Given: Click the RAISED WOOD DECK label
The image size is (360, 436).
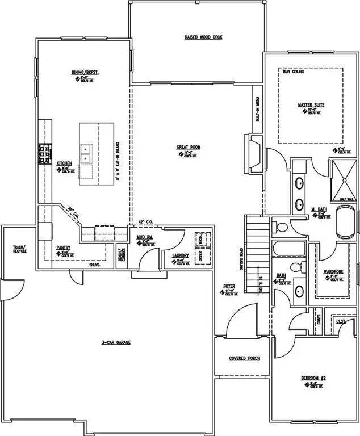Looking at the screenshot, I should click(x=203, y=37).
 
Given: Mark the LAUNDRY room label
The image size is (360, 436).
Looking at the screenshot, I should click(x=180, y=255).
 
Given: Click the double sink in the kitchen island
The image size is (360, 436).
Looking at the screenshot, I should click(x=86, y=152).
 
